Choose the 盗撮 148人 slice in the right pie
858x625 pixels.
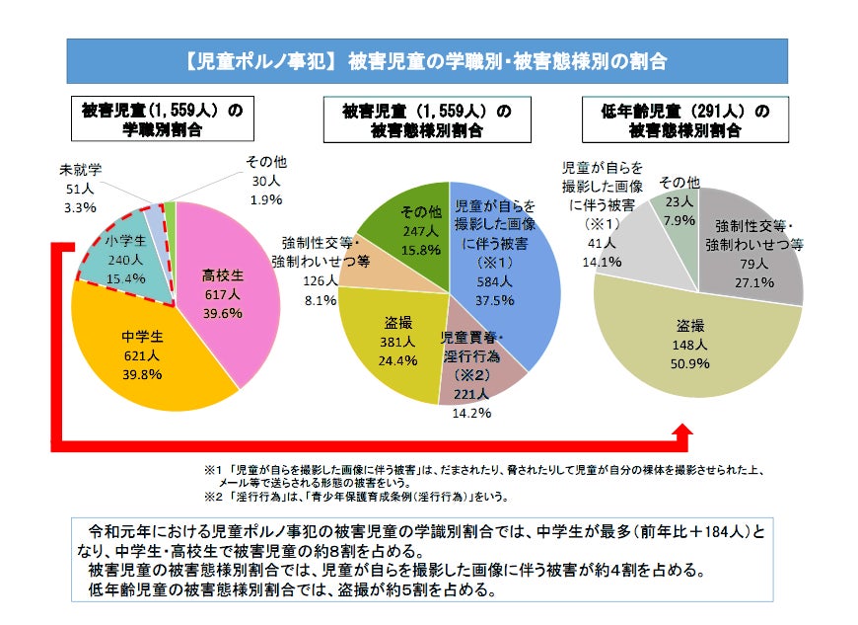pos(690,341)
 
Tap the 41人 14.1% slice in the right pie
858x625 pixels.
pos(631,237)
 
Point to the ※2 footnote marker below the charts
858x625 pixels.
pos(210,497)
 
